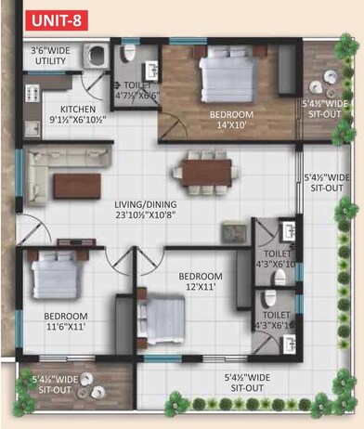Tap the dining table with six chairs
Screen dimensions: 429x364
(x=201, y=172)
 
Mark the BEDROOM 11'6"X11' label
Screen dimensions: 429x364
(x=58, y=321)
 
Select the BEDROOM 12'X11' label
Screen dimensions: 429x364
(x=200, y=282)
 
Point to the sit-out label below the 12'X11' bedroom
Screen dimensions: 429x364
(x=244, y=382)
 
